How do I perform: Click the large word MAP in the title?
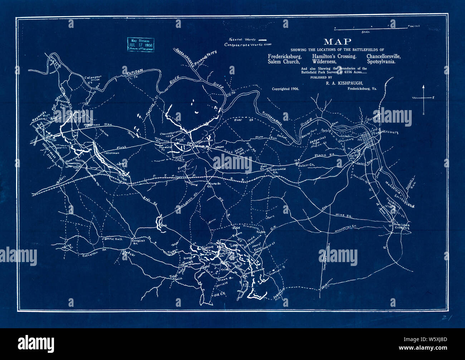(x=337, y=41)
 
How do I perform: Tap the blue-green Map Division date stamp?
(x=141, y=45)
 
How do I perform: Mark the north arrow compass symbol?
(x=424, y=99)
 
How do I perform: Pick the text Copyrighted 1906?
(x=285, y=89)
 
